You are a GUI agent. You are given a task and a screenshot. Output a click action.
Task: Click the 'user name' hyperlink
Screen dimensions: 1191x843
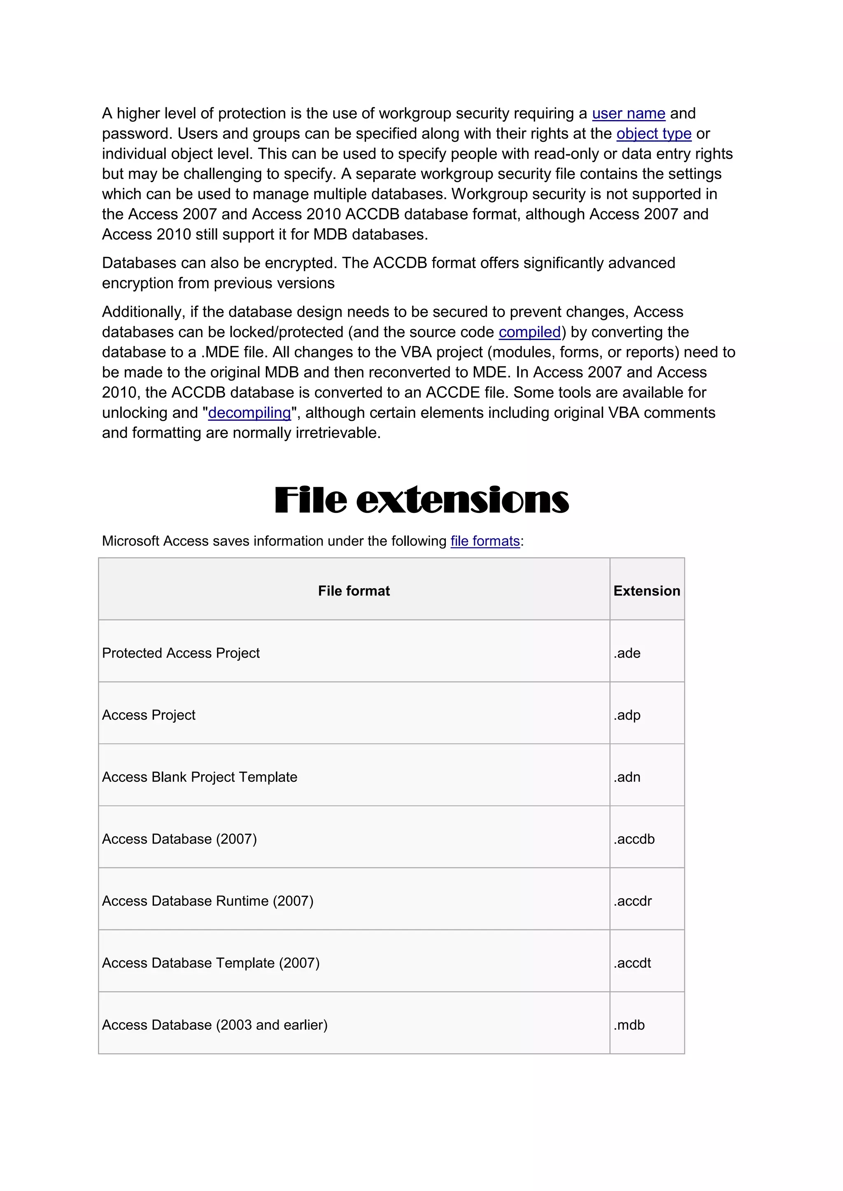(x=628, y=114)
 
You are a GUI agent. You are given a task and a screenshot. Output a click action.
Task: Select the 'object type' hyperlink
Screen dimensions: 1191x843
(x=654, y=134)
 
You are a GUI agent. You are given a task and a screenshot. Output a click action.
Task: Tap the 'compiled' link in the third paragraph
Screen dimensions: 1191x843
(x=529, y=332)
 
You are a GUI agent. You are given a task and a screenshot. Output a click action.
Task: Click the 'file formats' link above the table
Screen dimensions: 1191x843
(x=485, y=541)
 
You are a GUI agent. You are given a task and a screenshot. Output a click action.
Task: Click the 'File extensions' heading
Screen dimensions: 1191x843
(x=421, y=500)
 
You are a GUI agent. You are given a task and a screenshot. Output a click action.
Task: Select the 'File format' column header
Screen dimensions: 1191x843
(x=354, y=591)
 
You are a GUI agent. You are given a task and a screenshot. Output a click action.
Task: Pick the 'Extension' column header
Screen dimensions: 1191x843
(x=646, y=591)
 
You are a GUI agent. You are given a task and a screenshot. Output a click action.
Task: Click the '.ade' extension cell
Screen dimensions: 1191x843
(x=627, y=653)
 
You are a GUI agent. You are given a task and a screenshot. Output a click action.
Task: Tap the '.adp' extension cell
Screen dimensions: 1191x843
(x=627, y=715)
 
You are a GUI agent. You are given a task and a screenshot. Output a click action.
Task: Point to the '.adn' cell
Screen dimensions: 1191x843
(x=627, y=777)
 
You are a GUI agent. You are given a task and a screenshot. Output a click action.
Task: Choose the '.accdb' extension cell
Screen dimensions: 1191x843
(x=634, y=839)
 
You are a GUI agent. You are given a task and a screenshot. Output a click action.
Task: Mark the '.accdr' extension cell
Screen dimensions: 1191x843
(x=632, y=901)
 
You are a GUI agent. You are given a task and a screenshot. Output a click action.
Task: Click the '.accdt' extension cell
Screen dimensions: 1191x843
(x=632, y=963)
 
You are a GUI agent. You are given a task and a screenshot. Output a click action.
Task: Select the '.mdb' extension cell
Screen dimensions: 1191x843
(x=629, y=1025)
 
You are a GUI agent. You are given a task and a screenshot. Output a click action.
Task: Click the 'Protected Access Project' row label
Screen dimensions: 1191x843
(x=181, y=653)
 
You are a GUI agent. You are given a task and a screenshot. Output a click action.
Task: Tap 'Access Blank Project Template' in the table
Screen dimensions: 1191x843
(x=199, y=777)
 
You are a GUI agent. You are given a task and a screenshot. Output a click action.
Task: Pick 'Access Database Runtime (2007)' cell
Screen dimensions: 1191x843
(x=207, y=901)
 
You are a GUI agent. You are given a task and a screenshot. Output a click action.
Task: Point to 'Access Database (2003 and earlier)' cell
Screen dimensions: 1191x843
(x=214, y=1025)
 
